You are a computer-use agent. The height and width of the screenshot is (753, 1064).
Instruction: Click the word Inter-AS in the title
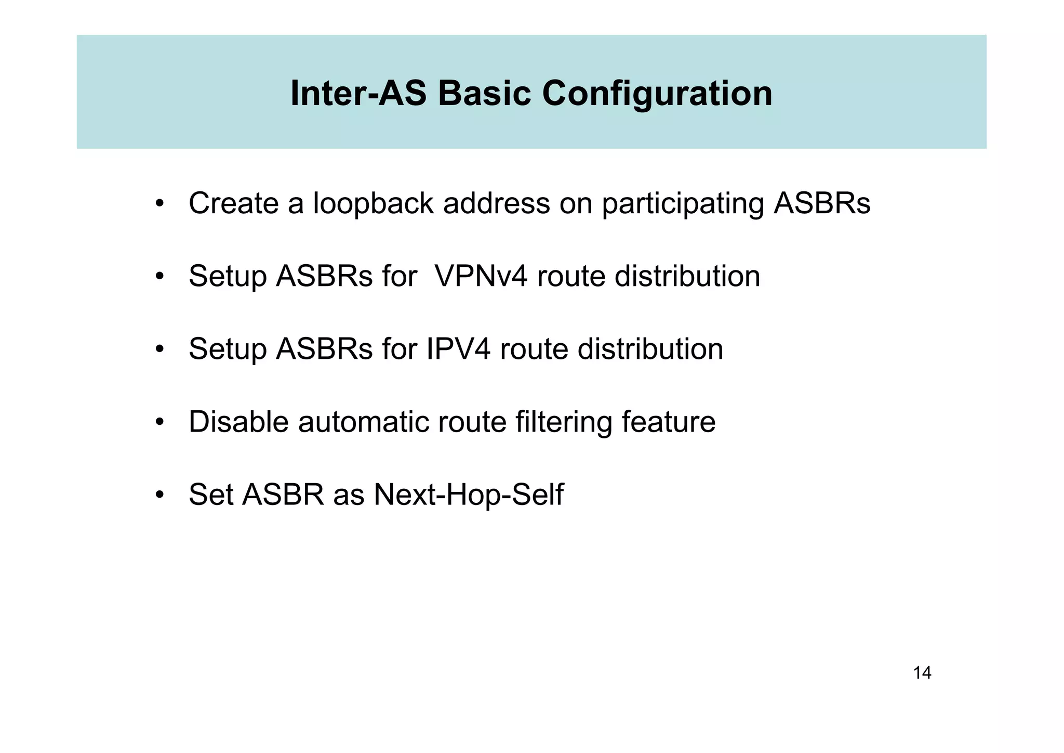point(358,94)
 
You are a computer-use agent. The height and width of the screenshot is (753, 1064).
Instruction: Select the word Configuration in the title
point(657,94)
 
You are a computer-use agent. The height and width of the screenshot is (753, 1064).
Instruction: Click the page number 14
point(922,673)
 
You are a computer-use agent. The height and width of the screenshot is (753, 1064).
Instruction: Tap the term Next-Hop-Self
point(468,495)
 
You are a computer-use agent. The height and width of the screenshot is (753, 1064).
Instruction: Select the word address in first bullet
point(496,203)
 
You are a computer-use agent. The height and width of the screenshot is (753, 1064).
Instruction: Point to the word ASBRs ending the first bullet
point(821,203)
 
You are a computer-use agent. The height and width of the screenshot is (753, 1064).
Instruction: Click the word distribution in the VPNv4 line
point(687,276)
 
